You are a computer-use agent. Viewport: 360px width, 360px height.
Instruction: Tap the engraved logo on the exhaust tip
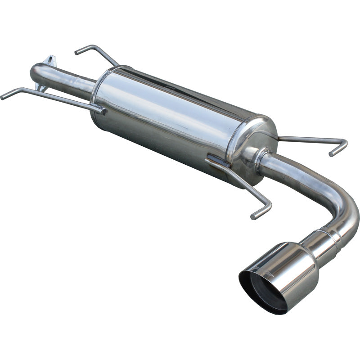[x=265, y=269]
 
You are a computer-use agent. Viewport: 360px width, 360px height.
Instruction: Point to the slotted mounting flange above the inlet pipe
[x=50, y=60]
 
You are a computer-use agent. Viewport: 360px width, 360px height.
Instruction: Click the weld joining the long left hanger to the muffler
[x=100, y=108]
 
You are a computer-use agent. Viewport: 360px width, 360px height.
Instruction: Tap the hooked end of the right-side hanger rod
[x=338, y=148]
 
